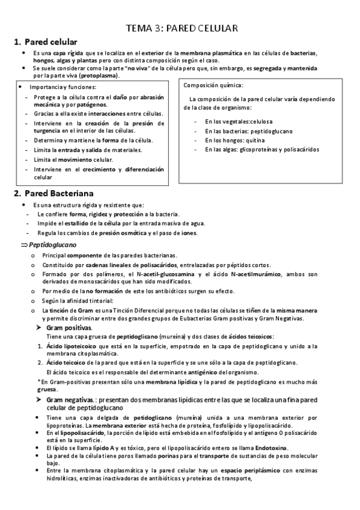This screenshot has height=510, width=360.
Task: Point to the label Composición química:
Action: coord(213,85)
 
